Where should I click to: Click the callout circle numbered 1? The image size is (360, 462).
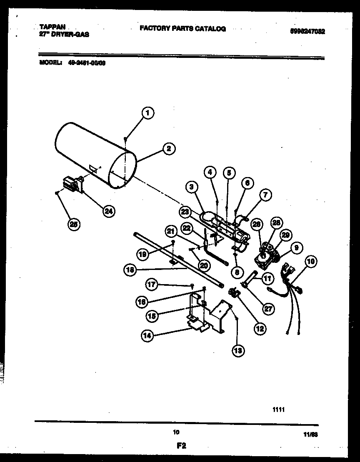coord(147,112)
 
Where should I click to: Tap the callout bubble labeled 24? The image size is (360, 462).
coord(108,211)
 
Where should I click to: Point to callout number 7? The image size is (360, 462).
coord(265,195)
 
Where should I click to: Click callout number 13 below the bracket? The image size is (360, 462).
coord(237,350)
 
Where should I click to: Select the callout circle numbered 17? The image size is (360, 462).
coord(152,285)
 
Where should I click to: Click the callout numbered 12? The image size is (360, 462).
coord(260,329)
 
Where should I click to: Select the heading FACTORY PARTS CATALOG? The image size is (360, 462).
coord(182,29)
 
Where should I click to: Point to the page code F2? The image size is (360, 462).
coord(180,446)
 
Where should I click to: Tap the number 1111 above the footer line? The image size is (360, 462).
coord(278,410)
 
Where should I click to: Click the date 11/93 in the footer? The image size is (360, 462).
coord(312,435)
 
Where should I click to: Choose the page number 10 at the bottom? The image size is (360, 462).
coord(176,432)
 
